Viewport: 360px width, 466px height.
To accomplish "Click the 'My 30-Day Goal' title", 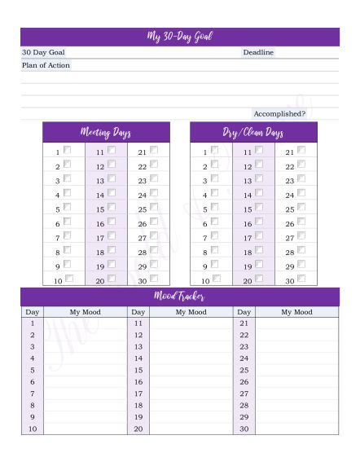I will pyautogui.click(x=180, y=37).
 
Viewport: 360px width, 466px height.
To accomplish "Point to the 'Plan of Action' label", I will pyautogui.click(x=46, y=65).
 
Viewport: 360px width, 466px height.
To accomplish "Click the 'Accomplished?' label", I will pyautogui.click(x=279, y=113).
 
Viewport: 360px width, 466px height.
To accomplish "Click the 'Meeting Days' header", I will pyautogui.click(x=106, y=132).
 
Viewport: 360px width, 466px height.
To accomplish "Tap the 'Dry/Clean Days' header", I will pyautogui.click(x=252, y=132).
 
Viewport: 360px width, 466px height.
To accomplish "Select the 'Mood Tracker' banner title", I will pyautogui.click(x=180, y=297).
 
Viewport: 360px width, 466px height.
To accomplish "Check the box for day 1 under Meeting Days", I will pyautogui.click(x=67, y=150).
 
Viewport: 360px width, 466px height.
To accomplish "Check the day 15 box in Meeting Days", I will pyautogui.click(x=111, y=208).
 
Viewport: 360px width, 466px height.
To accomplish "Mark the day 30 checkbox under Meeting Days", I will pyautogui.click(x=153, y=279).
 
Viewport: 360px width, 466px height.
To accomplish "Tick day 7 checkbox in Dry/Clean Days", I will pyautogui.click(x=214, y=236).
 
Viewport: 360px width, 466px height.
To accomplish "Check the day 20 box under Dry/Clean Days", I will pyautogui.click(x=257, y=279).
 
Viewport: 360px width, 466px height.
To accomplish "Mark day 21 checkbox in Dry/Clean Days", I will pyautogui.click(x=301, y=150).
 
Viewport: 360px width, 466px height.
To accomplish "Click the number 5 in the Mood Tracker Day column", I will pyautogui.click(x=33, y=370).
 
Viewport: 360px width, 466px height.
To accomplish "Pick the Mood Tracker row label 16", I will pyautogui.click(x=138, y=381).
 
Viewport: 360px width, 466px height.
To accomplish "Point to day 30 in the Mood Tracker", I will pyautogui.click(x=244, y=429).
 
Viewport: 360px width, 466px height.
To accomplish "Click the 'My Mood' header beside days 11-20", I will pyautogui.click(x=191, y=312).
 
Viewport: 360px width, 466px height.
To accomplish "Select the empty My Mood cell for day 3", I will pyautogui.click(x=86, y=346).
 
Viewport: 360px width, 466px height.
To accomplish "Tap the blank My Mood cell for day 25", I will pyautogui.click(x=296, y=370).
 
